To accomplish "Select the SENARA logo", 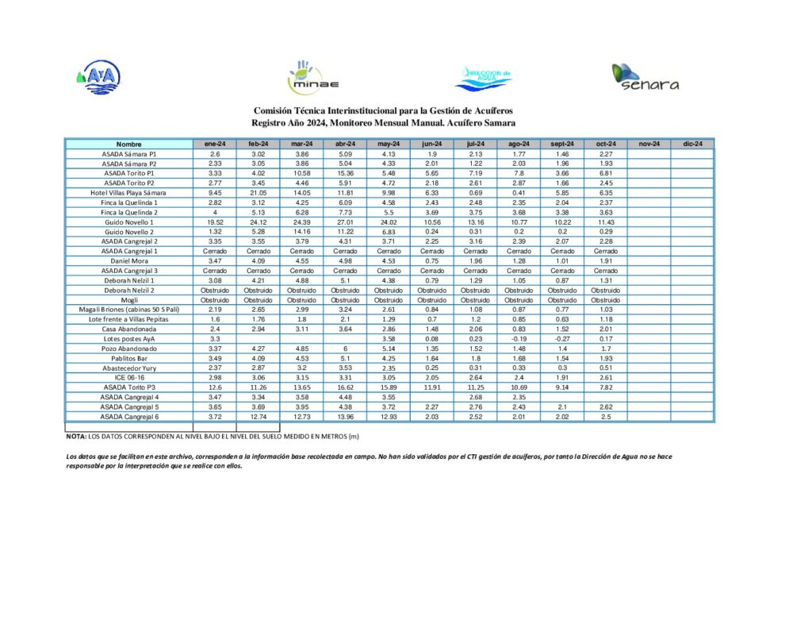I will tap(645, 77).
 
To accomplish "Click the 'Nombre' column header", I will tap(129, 144).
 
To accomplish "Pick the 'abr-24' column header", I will tap(345, 144).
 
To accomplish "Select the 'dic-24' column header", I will tap(692, 144).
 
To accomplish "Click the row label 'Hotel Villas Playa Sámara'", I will tap(129, 193).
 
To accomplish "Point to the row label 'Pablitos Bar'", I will tap(129, 358).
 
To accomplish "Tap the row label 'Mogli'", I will tap(129, 300).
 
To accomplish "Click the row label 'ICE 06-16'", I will tap(129, 378).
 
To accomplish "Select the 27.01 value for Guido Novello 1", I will tap(345, 222).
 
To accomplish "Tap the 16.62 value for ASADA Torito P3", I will tap(345, 387).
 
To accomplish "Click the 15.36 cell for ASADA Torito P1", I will tap(345, 173).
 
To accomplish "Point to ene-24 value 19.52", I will tap(215, 222).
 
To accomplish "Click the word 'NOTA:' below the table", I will tap(76, 437).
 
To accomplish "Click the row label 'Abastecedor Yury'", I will tap(129, 368).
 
